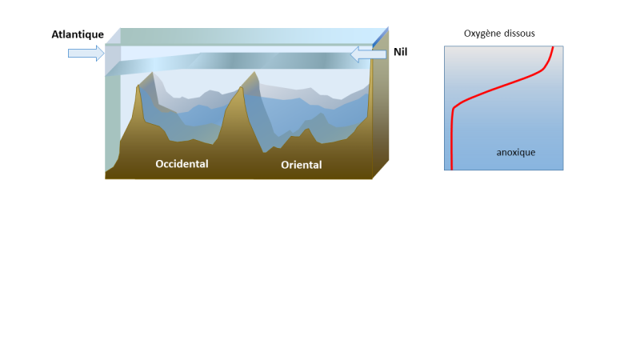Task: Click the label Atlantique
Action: coord(78,34)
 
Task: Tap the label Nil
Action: coord(401,52)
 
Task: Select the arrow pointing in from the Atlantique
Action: coord(86,53)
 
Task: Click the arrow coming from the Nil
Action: coord(368,54)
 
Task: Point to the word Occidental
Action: coord(182,164)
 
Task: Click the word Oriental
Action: coord(302,165)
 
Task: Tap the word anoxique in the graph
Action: coord(516,152)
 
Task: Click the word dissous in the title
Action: coord(519,34)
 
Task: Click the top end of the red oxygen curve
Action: coord(553,47)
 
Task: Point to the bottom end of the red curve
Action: coord(451,169)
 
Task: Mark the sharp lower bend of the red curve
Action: coord(454,109)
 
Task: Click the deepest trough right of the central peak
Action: coord(265,152)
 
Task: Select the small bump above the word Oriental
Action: coord(307,130)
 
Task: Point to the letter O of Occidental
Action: coord(159,164)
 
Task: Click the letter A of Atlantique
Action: coord(55,34)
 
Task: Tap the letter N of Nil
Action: coord(397,52)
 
